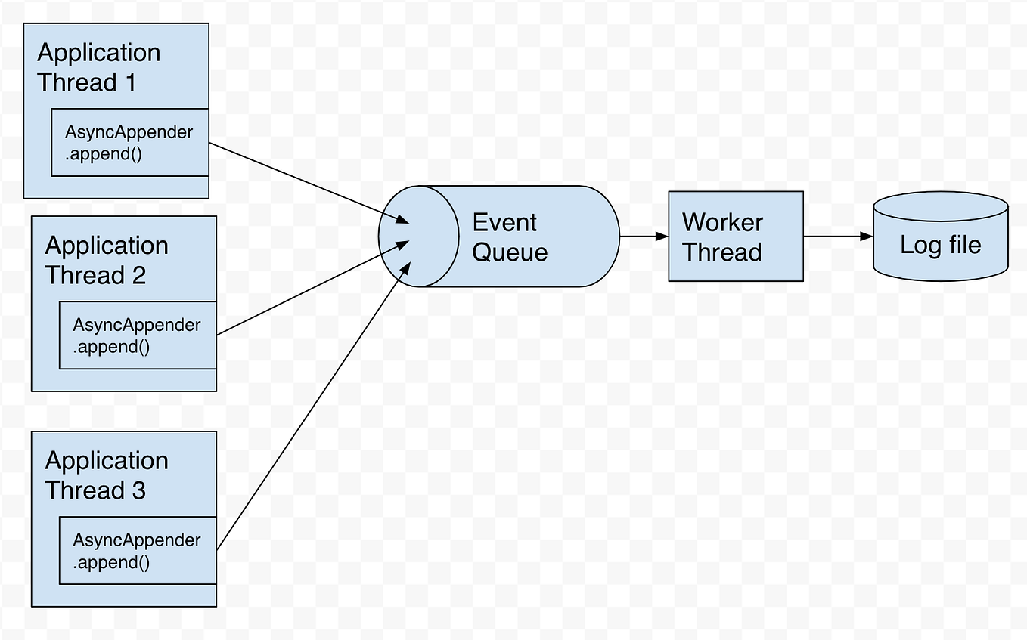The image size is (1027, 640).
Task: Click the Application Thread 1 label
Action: coord(98,67)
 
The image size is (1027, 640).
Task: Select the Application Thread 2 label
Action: coord(106,260)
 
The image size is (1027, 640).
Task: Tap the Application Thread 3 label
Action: coord(106,475)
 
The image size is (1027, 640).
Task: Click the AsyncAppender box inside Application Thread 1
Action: coord(129,143)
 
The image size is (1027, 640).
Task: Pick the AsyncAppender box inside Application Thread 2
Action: coord(138,335)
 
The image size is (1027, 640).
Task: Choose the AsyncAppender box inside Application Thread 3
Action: coord(138,551)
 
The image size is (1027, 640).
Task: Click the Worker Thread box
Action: coord(735,237)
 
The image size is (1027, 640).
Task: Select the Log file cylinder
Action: coord(940,237)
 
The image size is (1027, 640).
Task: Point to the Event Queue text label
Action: coord(509,237)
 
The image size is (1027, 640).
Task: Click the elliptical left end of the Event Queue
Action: coord(418,237)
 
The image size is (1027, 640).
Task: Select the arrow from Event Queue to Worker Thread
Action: coord(643,237)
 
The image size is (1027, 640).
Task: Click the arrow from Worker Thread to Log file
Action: coord(837,237)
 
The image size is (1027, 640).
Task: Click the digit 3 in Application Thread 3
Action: coord(138,490)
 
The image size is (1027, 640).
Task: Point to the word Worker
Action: coord(722,222)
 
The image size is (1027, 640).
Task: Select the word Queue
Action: coord(510,252)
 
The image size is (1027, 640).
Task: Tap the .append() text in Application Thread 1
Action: coord(103,155)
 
